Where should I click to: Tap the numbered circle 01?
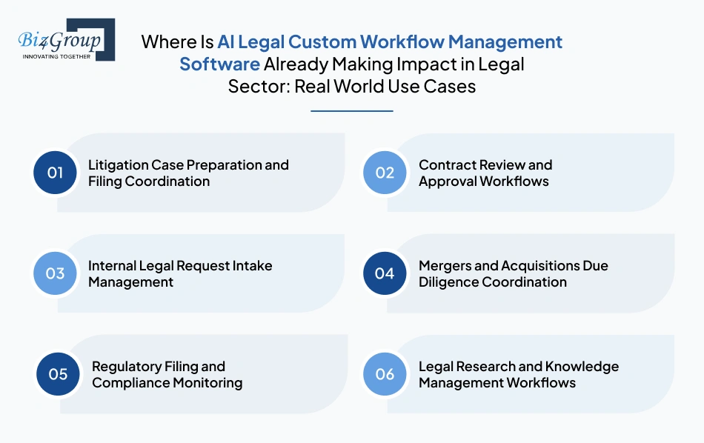(x=56, y=173)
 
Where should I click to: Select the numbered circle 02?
(x=385, y=173)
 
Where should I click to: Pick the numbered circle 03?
(x=56, y=273)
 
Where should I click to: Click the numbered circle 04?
(x=385, y=273)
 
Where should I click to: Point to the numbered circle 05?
(x=59, y=374)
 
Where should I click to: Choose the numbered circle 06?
(x=385, y=374)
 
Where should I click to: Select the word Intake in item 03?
(x=252, y=266)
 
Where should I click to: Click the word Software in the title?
(x=219, y=64)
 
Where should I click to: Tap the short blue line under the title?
(x=351, y=111)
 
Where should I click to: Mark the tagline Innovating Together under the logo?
(x=56, y=56)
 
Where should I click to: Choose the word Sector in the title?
(x=259, y=86)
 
